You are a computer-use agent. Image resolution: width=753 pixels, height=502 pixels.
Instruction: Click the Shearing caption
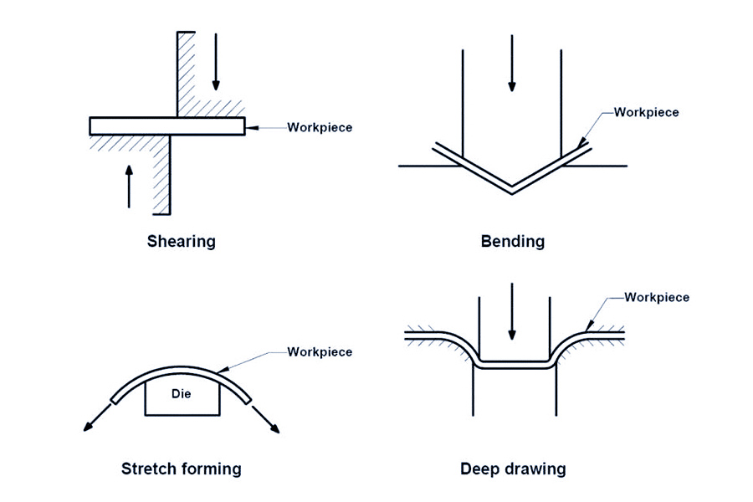click(181, 242)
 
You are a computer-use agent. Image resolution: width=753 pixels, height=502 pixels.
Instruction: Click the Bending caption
click(512, 242)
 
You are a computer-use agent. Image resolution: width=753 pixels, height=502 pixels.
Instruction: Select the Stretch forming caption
click(181, 469)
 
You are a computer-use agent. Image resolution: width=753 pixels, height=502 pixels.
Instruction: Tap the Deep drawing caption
click(512, 469)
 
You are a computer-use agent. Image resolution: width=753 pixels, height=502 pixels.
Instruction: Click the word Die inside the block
click(182, 392)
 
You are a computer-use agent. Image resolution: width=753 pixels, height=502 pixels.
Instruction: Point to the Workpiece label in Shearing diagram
click(320, 128)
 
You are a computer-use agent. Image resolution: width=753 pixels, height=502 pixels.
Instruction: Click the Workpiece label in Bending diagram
click(646, 112)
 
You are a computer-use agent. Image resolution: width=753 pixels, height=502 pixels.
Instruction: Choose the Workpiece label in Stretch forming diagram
click(320, 351)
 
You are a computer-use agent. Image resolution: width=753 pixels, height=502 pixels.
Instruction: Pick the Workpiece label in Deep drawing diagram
click(657, 297)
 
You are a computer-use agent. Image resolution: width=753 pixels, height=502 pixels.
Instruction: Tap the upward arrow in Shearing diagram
click(129, 186)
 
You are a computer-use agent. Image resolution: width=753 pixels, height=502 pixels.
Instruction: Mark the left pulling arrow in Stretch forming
click(96, 417)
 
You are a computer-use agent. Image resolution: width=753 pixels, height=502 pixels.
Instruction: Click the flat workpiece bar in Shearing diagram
click(166, 125)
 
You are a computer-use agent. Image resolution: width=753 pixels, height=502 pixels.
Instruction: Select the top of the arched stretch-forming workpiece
click(182, 369)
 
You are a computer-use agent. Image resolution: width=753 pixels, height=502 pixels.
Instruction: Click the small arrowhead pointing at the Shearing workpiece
click(251, 127)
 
